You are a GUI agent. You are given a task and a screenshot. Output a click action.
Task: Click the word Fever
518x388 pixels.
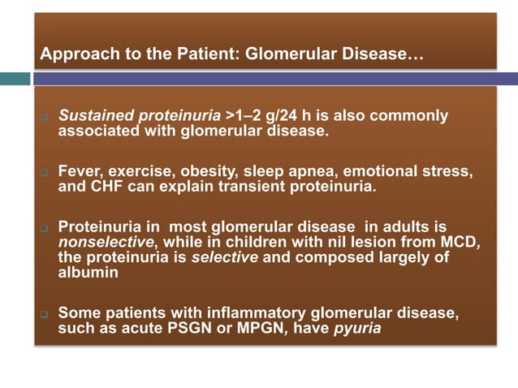click(79, 172)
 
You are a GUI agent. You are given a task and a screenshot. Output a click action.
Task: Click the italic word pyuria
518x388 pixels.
click(356, 328)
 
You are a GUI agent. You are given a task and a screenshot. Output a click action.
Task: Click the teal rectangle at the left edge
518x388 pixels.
click(15, 79)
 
